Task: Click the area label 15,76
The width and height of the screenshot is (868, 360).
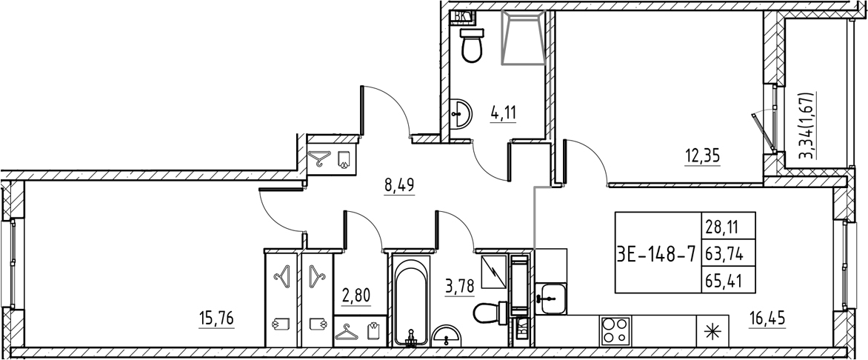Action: pyautogui.click(x=217, y=319)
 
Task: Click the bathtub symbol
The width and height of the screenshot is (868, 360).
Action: pyautogui.click(x=410, y=301)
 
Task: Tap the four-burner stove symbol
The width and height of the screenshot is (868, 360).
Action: pyautogui.click(x=614, y=330)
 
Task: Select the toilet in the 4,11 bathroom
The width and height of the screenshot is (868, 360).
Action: pyautogui.click(x=471, y=46)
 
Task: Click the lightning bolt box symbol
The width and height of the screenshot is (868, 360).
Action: pyautogui.click(x=494, y=273)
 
